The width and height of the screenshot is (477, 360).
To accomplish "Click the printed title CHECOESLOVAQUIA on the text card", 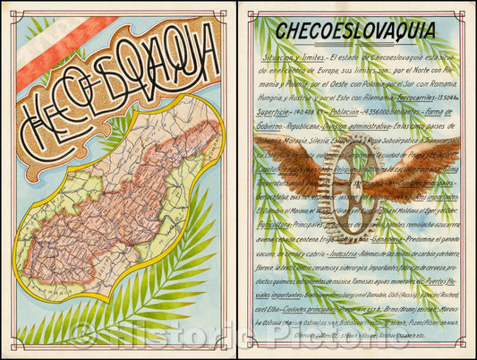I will [x=355, y=30].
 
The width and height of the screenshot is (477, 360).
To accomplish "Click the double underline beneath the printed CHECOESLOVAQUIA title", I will [x=355, y=41].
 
